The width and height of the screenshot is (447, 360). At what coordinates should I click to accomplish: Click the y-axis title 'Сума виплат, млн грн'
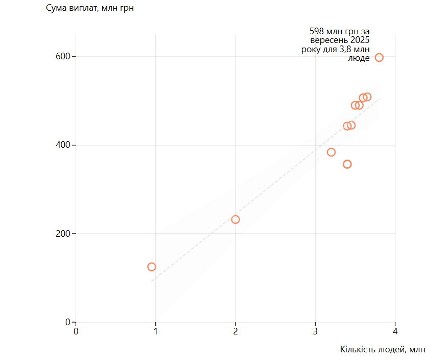(x=90, y=8)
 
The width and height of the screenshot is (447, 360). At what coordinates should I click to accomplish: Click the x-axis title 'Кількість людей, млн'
(x=382, y=349)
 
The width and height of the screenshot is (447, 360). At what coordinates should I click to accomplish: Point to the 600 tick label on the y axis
(x=63, y=57)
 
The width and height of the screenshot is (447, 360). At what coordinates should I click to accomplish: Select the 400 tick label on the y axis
(x=63, y=145)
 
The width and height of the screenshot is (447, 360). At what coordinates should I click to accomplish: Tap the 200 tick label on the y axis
(x=63, y=234)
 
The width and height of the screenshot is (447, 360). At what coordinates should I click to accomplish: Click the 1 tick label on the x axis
(x=156, y=331)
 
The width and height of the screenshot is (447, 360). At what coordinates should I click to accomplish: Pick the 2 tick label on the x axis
(x=236, y=331)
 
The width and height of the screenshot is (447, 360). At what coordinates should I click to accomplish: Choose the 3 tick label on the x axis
(x=315, y=331)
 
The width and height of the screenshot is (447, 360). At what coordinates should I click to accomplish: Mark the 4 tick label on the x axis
(x=395, y=331)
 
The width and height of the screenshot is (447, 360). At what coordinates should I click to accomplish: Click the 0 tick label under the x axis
(x=76, y=331)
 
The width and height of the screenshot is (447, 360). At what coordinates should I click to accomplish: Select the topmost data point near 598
(x=379, y=57)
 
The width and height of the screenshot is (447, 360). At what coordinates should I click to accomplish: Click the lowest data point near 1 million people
(x=151, y=267)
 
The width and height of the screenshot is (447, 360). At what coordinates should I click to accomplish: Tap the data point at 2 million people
(x=236, y=219)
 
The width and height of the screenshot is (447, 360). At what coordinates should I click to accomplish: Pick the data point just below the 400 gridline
(x=331, y=152)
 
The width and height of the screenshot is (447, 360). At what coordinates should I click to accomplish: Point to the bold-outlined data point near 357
(x=347, y=164)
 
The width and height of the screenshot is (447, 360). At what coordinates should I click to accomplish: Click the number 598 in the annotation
(x=317, y=31)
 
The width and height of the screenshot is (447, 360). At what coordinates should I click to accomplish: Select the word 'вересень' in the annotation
(x=325, y=40)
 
